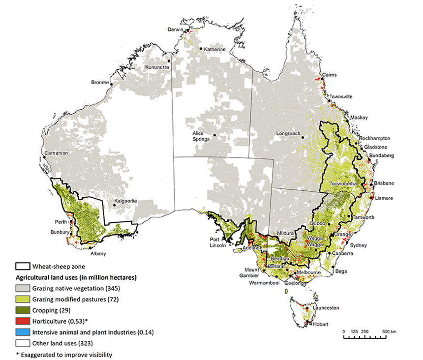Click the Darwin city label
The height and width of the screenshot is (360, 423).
tap(175, 29)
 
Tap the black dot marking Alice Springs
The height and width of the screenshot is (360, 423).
tap(214, 134)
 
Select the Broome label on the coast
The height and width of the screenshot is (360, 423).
tap(100, 82)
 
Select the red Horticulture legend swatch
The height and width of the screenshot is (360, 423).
tap(22, 322)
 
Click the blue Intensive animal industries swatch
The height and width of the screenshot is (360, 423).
tap(22, 332)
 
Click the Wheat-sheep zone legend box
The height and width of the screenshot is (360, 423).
tap(22, 266)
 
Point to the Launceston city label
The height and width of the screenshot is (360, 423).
tap(326, 308)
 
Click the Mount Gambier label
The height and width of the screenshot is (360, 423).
tap(256, 272)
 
